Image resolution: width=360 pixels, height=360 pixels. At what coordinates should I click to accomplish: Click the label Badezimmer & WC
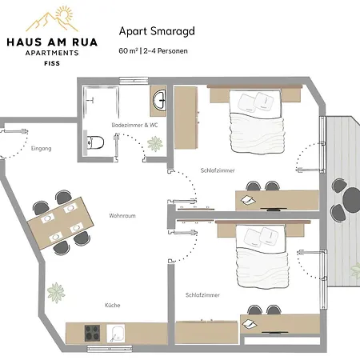coord(128,125)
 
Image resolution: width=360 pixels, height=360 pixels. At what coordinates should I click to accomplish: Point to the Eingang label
coord(40,149)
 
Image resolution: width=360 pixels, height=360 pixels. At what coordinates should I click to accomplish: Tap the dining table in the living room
coord(58,219)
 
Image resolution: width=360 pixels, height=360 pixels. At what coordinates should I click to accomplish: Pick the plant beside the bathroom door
coord(154,143)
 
